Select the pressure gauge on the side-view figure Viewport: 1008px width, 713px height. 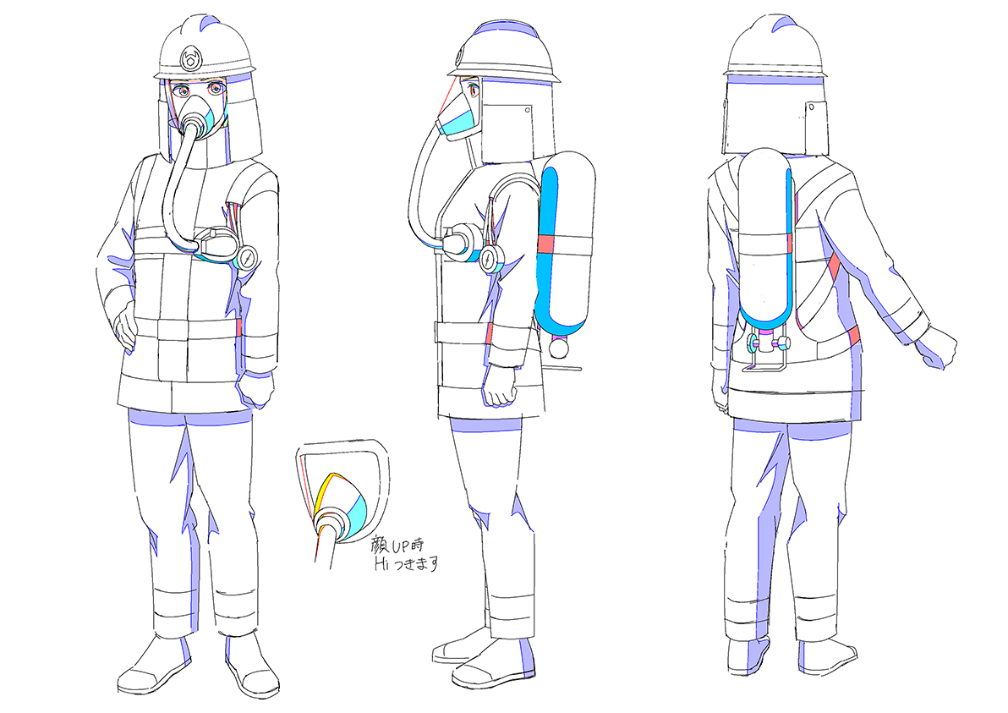[492, 259]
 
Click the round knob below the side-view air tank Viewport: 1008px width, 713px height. [558, 348]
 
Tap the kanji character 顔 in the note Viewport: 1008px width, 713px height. [381, 547]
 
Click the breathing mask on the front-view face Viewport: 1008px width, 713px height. [200, 116]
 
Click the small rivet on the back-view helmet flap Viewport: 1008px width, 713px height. [812, 106]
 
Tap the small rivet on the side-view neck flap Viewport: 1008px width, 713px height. [527, 110]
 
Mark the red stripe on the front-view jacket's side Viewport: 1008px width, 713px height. [238, 326]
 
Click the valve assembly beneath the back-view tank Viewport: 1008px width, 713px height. [766, 348]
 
